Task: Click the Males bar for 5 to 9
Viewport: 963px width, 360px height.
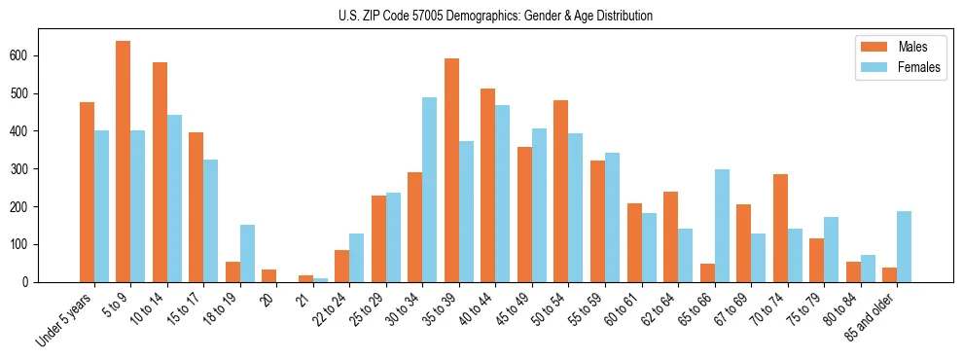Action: pyautogui.click(x=124, y=162)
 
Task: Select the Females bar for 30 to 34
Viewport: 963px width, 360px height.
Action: pyautogui.click(x=429, y=190)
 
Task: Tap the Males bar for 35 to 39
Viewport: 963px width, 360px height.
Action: pyautogui.click(x=451, y=170)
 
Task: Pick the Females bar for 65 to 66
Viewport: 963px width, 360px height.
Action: pyautogui.click(x=722, y=226)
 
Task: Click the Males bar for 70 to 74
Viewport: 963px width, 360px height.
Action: pyautogui.click(x=780, y=228)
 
